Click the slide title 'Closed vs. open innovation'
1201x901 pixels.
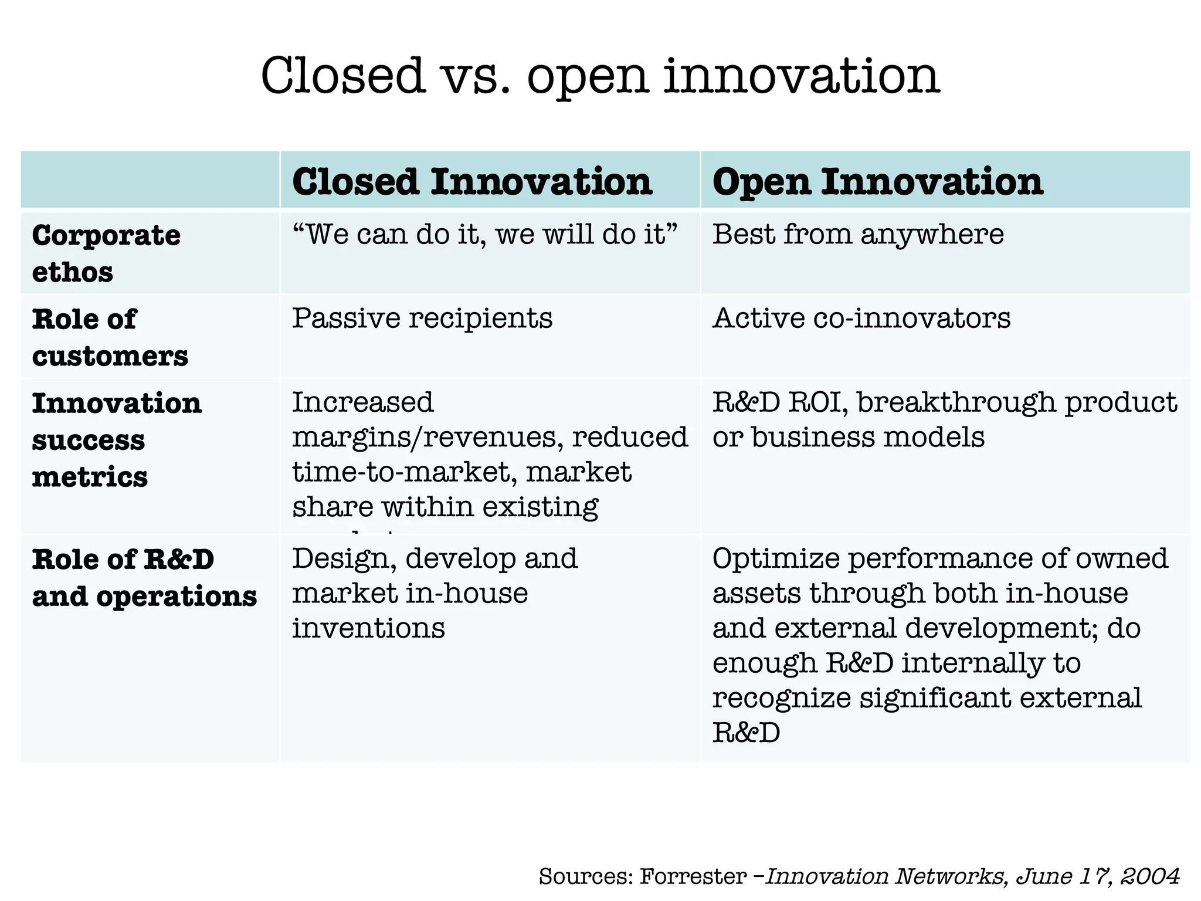[x=600, y=76]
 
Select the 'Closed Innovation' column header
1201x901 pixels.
[x=472, y=181]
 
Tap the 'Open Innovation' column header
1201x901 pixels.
[x=877, y=181]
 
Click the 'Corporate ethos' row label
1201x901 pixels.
[x=106, y=253]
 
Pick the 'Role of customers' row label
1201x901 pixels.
[x=110, y=337]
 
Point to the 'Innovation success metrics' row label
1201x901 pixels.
[x=116, y=439]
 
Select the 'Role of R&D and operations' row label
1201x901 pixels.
[x=144, y=577]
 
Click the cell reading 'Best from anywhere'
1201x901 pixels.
[x=857, y=234]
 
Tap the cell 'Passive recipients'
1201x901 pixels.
[x=422, y=318]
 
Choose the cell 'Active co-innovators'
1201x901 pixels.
[x=861, y=318]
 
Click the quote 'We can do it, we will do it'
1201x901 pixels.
[x=484, y=234]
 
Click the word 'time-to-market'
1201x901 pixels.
[x=404, y=472]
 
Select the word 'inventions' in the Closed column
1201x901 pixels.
[x=368, y=628]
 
